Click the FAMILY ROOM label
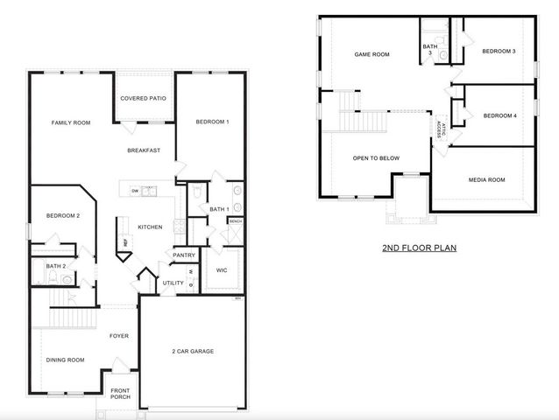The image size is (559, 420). (71, 122)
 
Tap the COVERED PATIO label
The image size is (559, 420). (144, 99)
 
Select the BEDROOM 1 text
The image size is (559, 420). (212, 122)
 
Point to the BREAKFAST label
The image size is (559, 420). (143, 150)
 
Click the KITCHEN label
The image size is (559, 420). (150, 227)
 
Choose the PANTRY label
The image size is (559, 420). (184, 255)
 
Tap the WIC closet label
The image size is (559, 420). (222, 269)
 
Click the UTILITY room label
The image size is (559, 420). (173, 283)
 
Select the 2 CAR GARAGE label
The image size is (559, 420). (192, 351)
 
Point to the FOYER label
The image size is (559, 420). (119, 335)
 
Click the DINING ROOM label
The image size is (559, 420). (66, 360)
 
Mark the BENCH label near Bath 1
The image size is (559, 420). (235, 221)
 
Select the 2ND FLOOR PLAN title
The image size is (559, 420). (419, 248)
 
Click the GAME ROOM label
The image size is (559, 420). (371, 54)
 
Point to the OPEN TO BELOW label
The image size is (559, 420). (376, 158)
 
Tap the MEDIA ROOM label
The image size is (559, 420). (486, 179)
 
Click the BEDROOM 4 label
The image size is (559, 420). (499, 115)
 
